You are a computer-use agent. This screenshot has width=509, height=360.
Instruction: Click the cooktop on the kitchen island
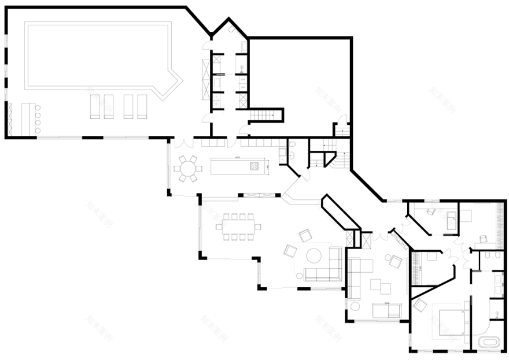click(x=254, y=166)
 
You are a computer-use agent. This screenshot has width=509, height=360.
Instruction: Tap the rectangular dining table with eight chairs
click(x=236, y=227)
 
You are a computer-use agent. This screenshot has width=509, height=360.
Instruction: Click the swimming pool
click(x=98, y=58)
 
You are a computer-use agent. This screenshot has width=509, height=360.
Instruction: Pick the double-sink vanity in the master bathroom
click(x=499, y=284)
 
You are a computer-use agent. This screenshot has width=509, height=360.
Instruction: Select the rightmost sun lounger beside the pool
click(x=142, y=106)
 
